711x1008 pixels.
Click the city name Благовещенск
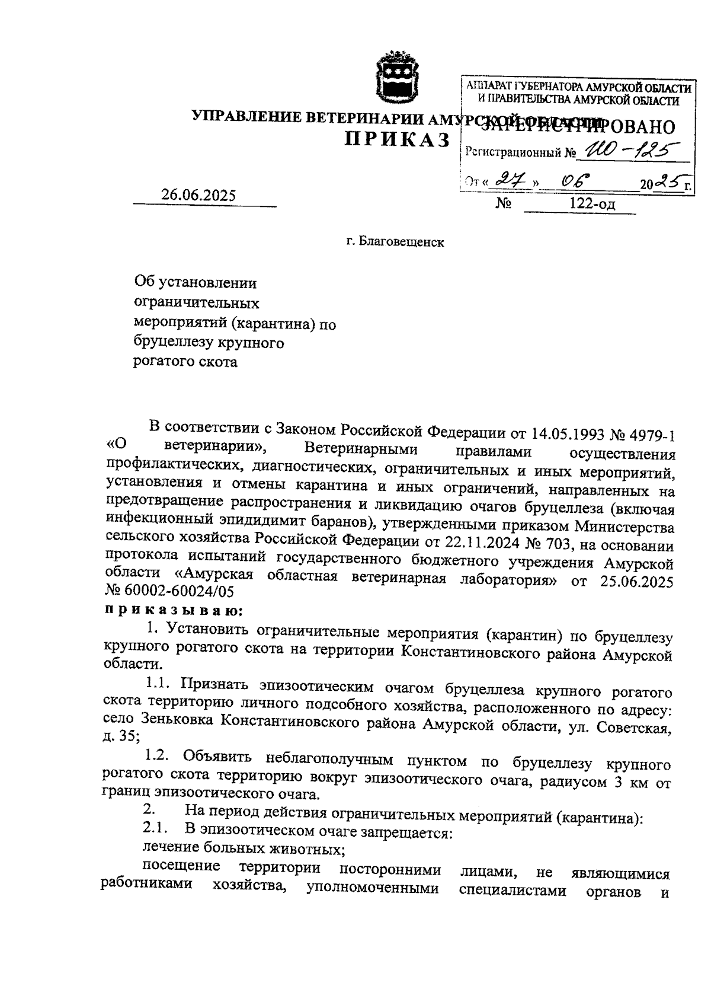[402, 243]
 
